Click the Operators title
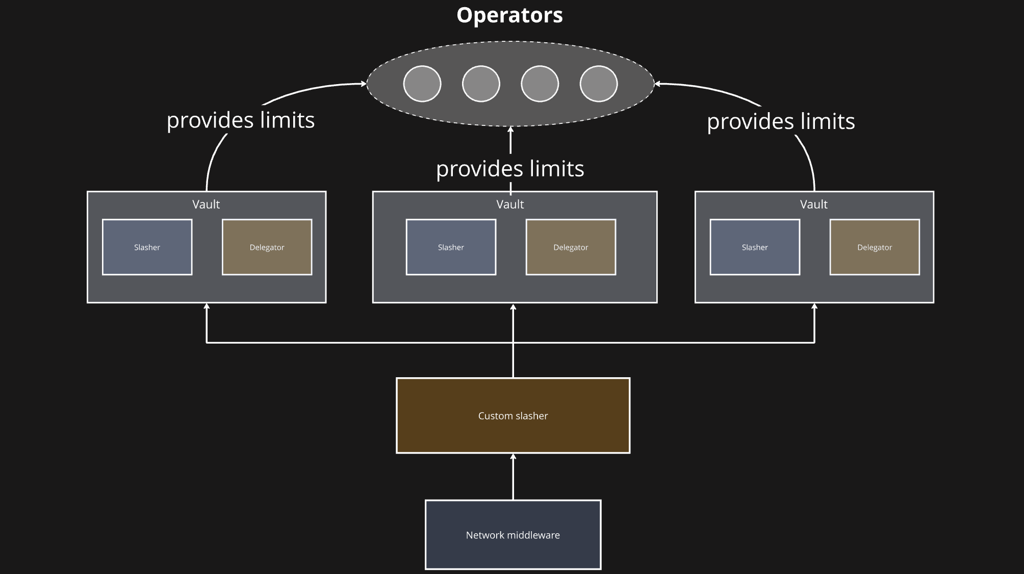(509, 15)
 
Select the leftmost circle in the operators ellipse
(422, 84)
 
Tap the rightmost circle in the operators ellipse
(599, 84)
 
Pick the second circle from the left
(481, 84)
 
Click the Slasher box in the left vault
(147, 247)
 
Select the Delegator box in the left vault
(267, 247)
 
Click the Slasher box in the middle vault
(451, 247)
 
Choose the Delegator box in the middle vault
(571, 247)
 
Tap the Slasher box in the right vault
(755, 247)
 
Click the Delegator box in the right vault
(875, 247)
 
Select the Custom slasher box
(513, 415)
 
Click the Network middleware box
(513, 535)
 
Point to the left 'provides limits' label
(241, 120)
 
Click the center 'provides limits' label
(510, 169)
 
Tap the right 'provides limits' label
(781, 121)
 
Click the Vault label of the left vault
(206, 204)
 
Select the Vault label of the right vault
(814, 204)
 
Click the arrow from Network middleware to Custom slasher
(513, 477)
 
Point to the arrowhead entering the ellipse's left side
(364, 84)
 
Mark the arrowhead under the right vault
(814, 306)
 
